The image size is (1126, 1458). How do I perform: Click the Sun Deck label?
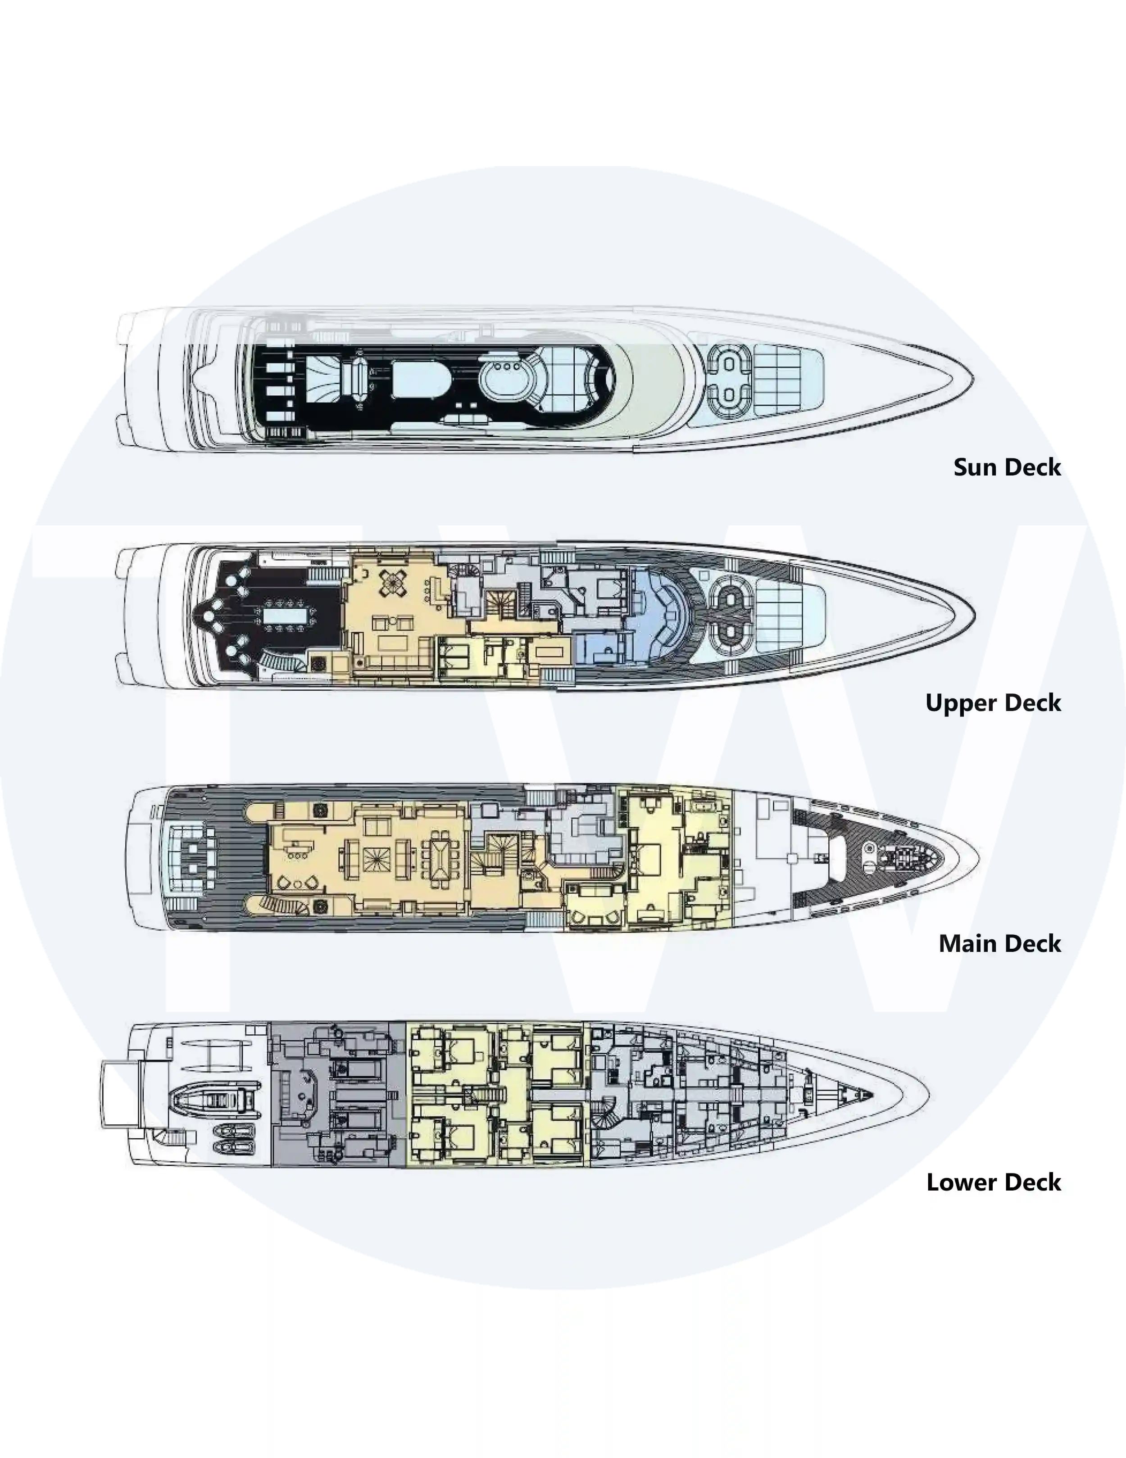pos(1007,467)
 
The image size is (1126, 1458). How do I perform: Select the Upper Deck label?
pos(993,703)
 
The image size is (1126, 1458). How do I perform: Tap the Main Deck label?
pos(1000,943)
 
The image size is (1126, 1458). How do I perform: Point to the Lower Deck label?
pos(994,1182)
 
